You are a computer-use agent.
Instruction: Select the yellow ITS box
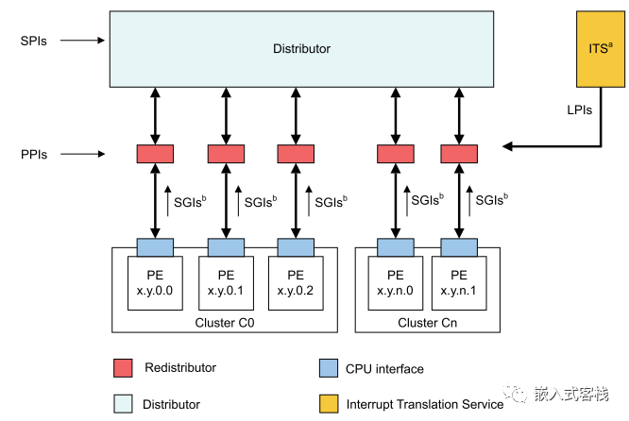(x=600, y=48)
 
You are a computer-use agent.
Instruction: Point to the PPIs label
(x=36, y=152)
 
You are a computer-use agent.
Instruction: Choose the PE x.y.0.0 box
(x=155, y=282)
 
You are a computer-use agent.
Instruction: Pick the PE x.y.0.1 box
(x=226, y=282)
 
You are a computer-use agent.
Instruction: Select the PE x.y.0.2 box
(x=296, y=282)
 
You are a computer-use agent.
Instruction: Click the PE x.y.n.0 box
(x=395, y=282)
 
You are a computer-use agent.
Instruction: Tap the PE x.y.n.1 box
(x=459, y=282)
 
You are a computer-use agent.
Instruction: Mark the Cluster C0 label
(x=225, y=322)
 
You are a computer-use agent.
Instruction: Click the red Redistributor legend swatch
(x=122, y=367)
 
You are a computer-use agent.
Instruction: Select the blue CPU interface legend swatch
(x=328, y=367)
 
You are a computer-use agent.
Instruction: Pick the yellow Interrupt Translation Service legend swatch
(x=328, y=403)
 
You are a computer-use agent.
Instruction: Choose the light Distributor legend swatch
(x=122, y=403)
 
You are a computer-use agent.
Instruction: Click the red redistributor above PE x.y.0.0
(x=155, y=153)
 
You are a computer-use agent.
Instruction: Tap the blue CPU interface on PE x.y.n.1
(x=459, y=247)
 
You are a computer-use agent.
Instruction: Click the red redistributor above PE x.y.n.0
(x=395, y=153)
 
